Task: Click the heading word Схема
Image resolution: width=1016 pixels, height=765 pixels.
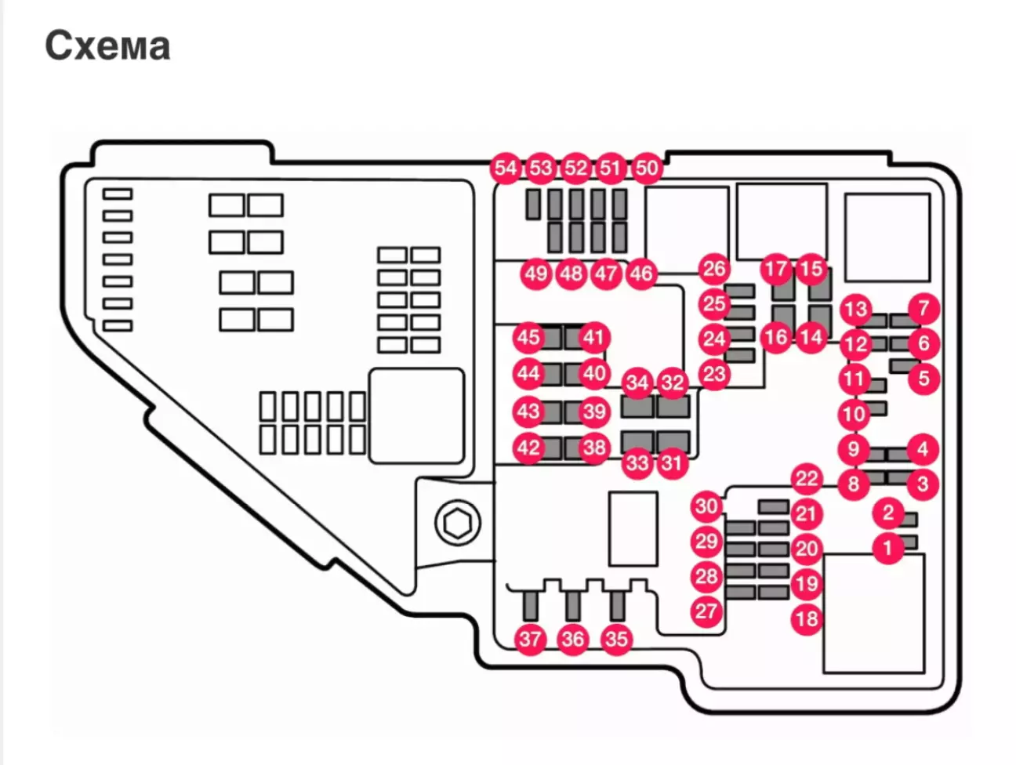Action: (107, 45)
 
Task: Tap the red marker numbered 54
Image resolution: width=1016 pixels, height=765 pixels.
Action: (506, 168)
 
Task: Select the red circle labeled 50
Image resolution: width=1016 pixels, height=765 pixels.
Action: (647, 168)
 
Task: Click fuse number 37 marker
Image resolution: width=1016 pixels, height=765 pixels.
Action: (530, 639)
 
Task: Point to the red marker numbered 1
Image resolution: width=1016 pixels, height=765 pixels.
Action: (888, 547)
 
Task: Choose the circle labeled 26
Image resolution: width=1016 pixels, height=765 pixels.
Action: (713, 269)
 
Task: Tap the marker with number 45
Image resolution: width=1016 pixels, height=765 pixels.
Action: (528, 338)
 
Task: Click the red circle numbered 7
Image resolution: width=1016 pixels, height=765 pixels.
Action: (923, 308)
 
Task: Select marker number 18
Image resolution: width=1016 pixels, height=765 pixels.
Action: (807, 619)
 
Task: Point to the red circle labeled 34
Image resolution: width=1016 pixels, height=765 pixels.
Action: (637, 383)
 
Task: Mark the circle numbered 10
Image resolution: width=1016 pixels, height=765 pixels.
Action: (854, 414)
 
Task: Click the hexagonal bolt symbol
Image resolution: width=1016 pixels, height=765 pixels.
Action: (457, 523)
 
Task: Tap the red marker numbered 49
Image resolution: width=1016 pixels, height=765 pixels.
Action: (536, 274)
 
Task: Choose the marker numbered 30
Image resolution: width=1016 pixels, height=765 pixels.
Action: (706, 506)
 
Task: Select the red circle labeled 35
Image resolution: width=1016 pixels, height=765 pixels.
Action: (616, 639)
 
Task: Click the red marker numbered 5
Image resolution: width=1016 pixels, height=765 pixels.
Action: (923, 379)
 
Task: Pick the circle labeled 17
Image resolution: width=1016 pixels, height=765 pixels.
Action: (776, 270)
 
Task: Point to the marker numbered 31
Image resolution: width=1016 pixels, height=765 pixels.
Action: (671, 462)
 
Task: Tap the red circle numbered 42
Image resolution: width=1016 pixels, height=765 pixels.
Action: (528, 448)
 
